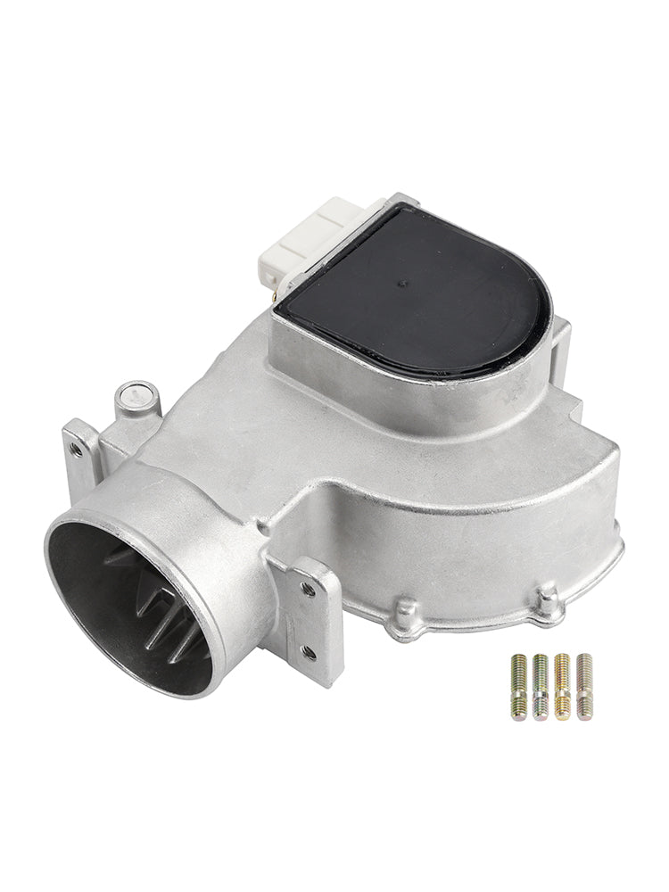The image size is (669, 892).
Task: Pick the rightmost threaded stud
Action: click(584, 686)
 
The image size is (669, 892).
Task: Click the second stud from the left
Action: click(541, 686)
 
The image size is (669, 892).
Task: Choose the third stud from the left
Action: click(563, 686)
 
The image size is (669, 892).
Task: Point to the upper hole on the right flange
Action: click(308, 588)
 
